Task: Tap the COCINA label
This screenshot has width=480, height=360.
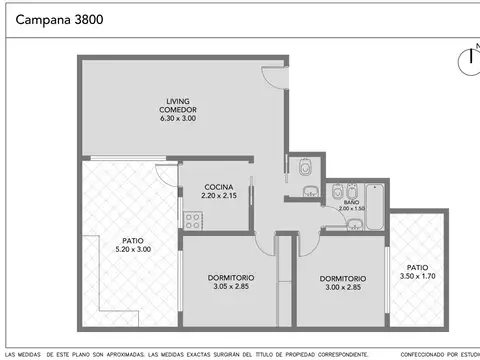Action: pyautogui.click(x=218, y=187)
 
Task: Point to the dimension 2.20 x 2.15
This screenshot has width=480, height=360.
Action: pyautogui.click(x=218, y=196)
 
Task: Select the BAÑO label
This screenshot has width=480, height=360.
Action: pyautogui.click(x=352, y=202)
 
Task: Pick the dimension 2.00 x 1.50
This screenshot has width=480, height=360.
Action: pyautogui.click(x=352, y=208)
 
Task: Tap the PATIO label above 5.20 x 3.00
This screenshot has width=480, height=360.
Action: pyautogui.click(x=132, y=239)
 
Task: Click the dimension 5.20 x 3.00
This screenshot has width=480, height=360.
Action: pyautogui.click(x=132, y=248)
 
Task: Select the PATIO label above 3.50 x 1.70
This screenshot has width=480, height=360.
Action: pyautogui.click(x=417, y=267)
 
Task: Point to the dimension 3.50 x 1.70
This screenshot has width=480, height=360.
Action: pyautogui.click(x=417, y=276)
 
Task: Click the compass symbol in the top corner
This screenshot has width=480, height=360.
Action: pyautogui.click(x=468, y=61)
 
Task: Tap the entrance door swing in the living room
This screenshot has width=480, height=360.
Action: pyautogui.click(x=271, y=78)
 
